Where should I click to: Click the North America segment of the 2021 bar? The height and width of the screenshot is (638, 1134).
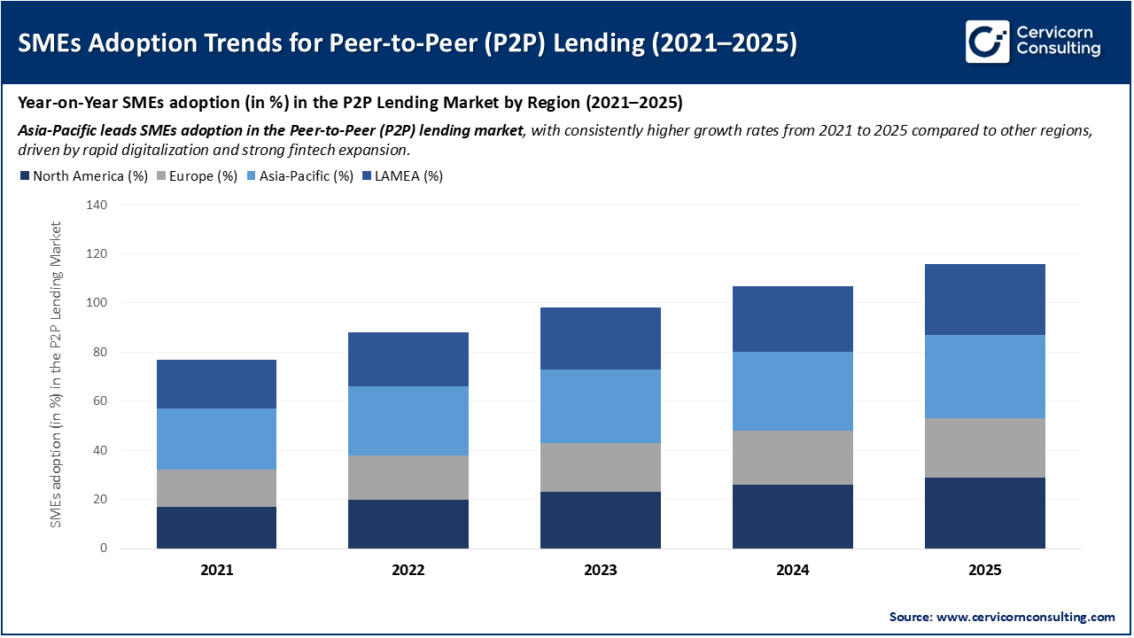[x=216, y=527]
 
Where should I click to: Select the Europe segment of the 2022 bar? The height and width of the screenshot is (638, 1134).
[x=408, y=478]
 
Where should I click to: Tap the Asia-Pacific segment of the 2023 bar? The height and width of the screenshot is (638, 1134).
[x=601, y=406]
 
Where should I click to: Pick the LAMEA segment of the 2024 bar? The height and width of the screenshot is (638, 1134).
[x=792, y=319]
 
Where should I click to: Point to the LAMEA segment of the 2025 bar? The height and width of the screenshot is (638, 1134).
[x=984, y=300]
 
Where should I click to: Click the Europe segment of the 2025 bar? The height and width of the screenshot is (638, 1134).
[x=984, y=447]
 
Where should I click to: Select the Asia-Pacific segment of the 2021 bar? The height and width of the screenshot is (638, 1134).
[x=216, y=439]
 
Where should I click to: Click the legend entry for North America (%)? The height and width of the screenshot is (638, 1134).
[x=83, y=176]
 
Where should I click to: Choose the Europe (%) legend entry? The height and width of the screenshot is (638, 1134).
[x=197, y=176]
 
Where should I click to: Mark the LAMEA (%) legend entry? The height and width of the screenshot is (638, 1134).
[x=402, y=176]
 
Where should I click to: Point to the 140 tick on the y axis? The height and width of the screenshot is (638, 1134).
[x=96, y=206]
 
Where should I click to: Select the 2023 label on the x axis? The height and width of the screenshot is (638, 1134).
[x=601, y=571]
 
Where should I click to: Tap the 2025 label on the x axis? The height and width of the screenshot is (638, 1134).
[x=984, y=571]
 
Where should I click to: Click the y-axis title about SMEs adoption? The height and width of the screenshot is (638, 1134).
[x=56, y=375]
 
